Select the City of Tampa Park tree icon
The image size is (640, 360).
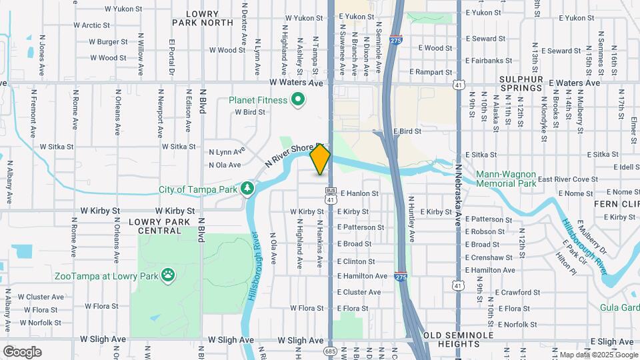tap(248, 189)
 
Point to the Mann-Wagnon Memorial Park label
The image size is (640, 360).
tap(506, 179)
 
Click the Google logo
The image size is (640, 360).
tap(23, 351)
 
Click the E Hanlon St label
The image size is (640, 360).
tap(359, 194)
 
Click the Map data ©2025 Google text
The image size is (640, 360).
tap(597, 355)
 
